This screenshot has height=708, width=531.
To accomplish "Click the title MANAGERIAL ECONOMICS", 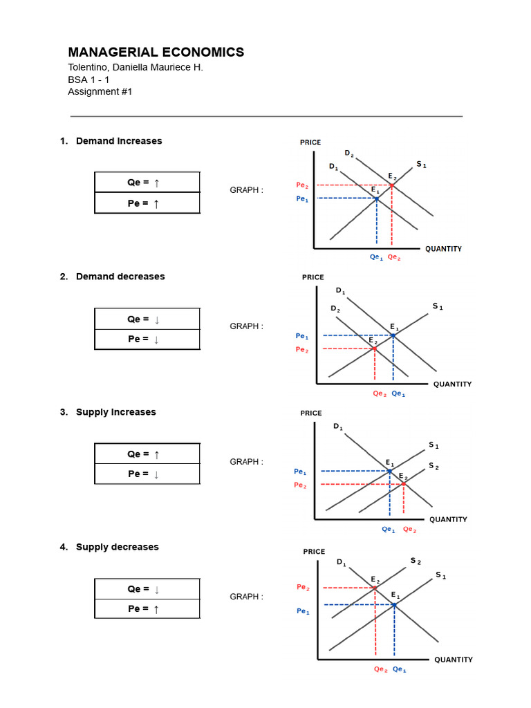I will coord(156,52).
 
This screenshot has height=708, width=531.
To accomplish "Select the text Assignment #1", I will coord(100,91).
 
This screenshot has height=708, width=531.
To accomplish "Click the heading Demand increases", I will coord(118,141).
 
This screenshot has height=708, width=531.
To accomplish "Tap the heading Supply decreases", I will coord(117,547).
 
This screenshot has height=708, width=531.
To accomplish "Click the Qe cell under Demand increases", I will coord(147,183).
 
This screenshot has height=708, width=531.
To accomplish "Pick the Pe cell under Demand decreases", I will coord(147,339).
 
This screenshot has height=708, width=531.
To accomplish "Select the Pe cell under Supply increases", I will coord(147,474).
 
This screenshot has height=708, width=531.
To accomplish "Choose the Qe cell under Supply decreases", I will coord(147,589).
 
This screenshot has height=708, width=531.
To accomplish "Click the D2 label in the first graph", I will coord(349,153).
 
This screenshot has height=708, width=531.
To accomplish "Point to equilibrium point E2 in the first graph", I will coord(392,185).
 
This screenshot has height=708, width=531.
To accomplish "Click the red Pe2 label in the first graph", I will coord(302,185).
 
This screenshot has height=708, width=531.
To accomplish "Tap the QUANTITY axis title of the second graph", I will coord(452,384).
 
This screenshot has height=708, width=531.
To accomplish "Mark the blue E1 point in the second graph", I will coord(393,335).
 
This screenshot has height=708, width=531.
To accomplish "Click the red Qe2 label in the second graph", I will coord(380,394).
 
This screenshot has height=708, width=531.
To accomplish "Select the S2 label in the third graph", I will coord(434,466).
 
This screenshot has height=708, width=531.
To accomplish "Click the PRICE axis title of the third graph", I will coord(311,413).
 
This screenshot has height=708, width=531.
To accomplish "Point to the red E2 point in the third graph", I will coord(404,484).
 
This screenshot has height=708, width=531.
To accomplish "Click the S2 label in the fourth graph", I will coord(416,561).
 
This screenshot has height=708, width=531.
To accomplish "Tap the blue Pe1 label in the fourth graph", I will coord(303,611).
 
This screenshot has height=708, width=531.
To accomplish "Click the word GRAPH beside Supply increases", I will coord(245,462).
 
